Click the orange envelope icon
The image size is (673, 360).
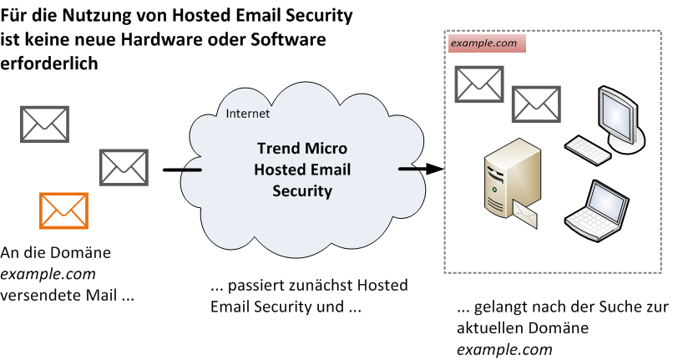point(63,210)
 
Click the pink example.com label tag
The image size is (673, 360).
point(487,43)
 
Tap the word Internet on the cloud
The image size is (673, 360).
point(248,114)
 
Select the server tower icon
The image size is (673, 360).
point(504,180)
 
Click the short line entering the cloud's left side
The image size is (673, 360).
point(182,171)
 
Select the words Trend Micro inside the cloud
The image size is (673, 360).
point(302,150)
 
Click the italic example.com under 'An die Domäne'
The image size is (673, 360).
point(48,273)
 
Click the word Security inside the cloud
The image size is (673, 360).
point(302,191)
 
